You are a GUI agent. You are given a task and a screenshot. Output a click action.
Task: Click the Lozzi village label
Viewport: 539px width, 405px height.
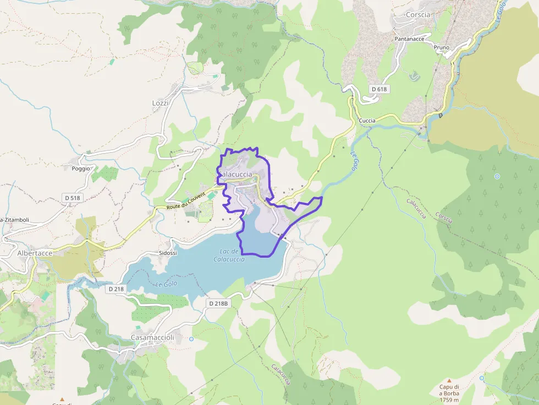tap(160, 103)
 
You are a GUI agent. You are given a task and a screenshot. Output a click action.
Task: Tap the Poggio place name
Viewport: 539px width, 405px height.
tap(80, 168)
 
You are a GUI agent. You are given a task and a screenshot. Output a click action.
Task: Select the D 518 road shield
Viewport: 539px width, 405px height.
tap(72, 197)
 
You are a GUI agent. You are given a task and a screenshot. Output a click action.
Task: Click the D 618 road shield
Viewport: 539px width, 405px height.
tap(379, 89)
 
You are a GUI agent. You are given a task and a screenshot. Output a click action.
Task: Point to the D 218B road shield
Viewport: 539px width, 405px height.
tap(218, 303)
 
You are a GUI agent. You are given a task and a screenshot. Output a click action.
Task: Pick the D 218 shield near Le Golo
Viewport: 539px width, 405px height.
tap(116, 289)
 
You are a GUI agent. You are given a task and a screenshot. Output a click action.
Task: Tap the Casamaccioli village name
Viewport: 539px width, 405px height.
tap(152, 337)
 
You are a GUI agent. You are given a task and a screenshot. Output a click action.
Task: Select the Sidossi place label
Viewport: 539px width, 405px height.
tap(167, 253)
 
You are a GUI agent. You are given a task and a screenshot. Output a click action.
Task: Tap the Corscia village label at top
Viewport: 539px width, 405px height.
tap(418, 15)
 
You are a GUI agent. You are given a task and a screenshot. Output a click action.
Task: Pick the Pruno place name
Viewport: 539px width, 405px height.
tap(441, 47)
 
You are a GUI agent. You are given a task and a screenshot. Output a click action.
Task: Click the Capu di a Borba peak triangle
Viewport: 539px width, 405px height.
tap(449, 380)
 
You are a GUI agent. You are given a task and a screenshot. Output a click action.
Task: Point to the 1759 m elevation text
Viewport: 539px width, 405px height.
tap(449, 400)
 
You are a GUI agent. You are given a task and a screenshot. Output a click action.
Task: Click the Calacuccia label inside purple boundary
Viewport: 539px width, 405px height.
tap(236, 174)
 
